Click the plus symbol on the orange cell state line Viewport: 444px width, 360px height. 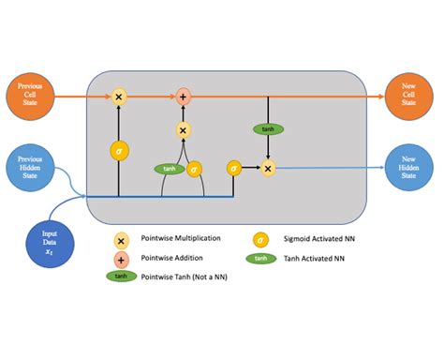(184, 96)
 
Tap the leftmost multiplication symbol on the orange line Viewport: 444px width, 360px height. (119, 96)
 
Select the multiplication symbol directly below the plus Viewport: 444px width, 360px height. (184, 130)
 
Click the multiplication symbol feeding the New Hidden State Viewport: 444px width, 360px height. (269, 168)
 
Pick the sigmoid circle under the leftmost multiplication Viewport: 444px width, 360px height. (119, 149)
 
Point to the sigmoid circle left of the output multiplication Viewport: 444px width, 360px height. (234, 168)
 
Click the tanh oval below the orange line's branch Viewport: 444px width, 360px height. (268, 128)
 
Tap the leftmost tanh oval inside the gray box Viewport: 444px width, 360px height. (169, 169)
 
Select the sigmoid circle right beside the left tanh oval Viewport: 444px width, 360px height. (194, 169)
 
